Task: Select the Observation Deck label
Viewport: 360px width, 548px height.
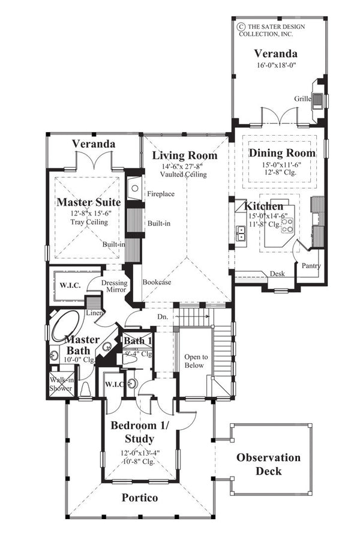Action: [x=268, y=464]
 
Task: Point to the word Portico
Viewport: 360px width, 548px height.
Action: [x=140, y=498]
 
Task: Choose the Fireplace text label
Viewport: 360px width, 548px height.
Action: [x=161, y=194]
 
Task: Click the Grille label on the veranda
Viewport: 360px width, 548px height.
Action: [x=302, y=98]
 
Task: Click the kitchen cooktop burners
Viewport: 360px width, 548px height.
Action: [x=287, y=224]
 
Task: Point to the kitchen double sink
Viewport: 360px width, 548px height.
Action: [x=241, y=233]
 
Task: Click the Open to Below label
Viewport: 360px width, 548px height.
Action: [x=194, y=360]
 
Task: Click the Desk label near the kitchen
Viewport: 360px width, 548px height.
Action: [x=277, y=274]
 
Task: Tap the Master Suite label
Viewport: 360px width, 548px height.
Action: [x=89, y=202]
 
